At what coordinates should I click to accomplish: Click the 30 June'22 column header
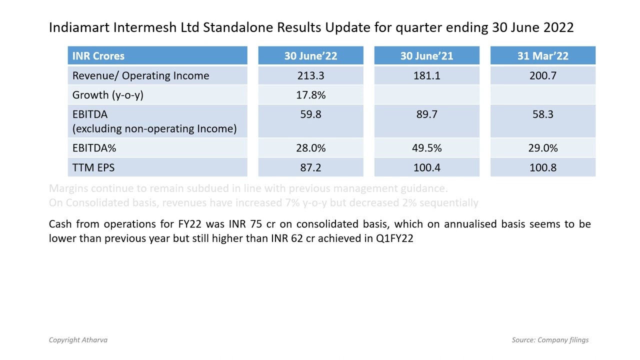point(310,56)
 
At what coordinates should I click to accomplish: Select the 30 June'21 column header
point(426,56)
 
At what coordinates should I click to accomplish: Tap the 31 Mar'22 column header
point(542,56)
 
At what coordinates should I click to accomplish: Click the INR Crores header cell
point(98,56)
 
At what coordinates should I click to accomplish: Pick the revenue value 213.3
point(310,75)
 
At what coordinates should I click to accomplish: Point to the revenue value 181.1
point(426,75)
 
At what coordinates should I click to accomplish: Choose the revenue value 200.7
point(542,75)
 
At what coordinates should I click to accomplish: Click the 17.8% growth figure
point(310,95)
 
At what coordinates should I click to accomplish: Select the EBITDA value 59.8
point(310,114)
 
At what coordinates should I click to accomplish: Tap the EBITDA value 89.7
point(426,114)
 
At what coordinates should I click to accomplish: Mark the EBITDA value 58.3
point(542,114)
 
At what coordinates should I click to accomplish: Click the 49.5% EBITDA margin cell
point(426,148)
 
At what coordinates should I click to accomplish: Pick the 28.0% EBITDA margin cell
point(310,148)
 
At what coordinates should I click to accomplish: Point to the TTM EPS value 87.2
point(310,167)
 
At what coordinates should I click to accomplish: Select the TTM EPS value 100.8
point(542,167)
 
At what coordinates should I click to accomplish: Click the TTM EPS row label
point(93,167)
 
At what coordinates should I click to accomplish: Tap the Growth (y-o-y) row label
point(107,95)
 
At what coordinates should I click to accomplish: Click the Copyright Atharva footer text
point(78,340)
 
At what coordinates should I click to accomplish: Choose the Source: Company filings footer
point(550,340)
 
